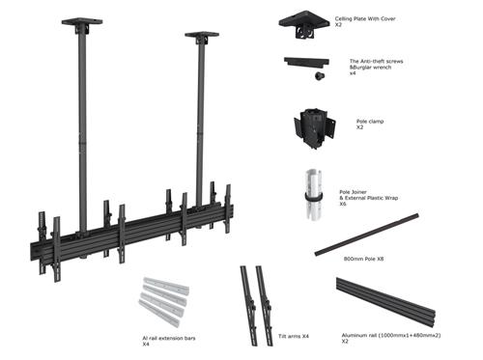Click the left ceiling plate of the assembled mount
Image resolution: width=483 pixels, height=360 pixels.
tap(76, 20)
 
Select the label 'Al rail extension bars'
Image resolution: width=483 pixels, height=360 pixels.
tap(163, 339)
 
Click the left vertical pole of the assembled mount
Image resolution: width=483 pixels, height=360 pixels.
tap(78, 125)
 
